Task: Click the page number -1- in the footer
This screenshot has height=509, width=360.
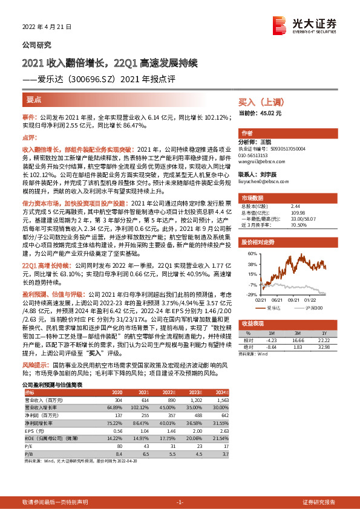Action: (180, 502)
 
